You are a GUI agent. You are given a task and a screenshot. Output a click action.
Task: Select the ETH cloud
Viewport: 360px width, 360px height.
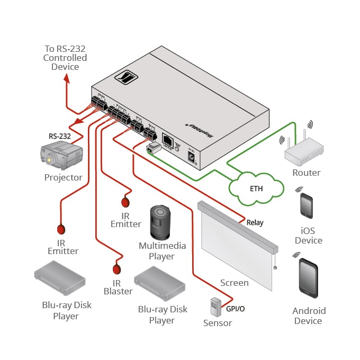[x=256, y=188]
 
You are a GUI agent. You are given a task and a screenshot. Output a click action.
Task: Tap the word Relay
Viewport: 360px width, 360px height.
[x=255, y=223]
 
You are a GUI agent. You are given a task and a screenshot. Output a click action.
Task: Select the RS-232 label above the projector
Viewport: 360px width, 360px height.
[x=59, y=136]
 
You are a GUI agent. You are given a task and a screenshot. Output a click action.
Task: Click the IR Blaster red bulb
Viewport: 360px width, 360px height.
[x=116, y=268]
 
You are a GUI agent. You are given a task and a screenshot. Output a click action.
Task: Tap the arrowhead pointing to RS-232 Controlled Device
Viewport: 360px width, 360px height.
[x=66, y=78]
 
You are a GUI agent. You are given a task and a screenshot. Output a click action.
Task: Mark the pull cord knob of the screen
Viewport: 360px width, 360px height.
[x=275, y=268]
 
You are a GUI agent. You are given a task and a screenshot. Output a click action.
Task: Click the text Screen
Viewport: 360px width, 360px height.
[x=234, y=283]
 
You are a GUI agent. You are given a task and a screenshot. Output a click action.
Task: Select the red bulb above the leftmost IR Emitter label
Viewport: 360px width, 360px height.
[x=61, y=229]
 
